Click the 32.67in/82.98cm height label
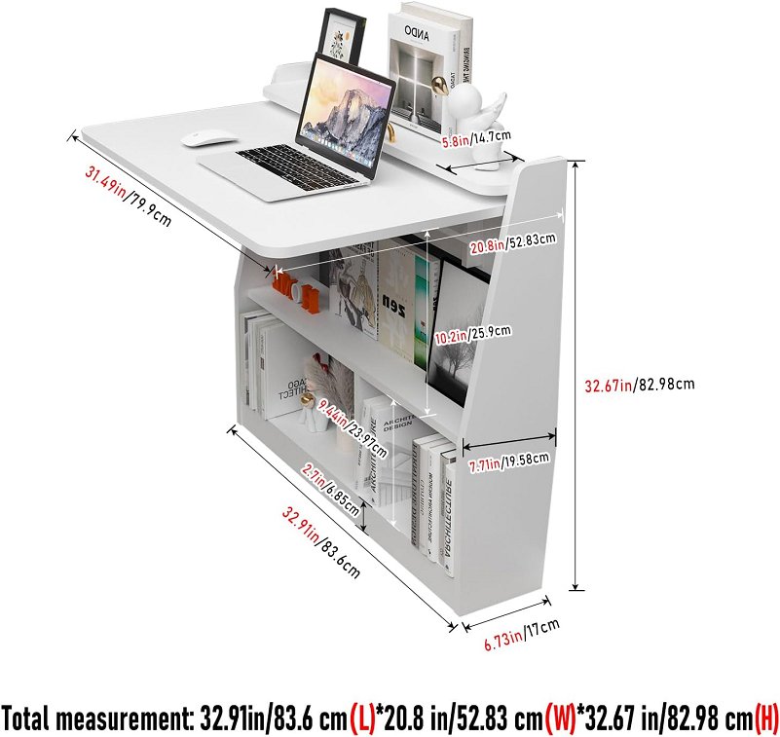tap(639, 385)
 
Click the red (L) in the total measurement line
tap(362, 719)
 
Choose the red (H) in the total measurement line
tap(766, 719)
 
